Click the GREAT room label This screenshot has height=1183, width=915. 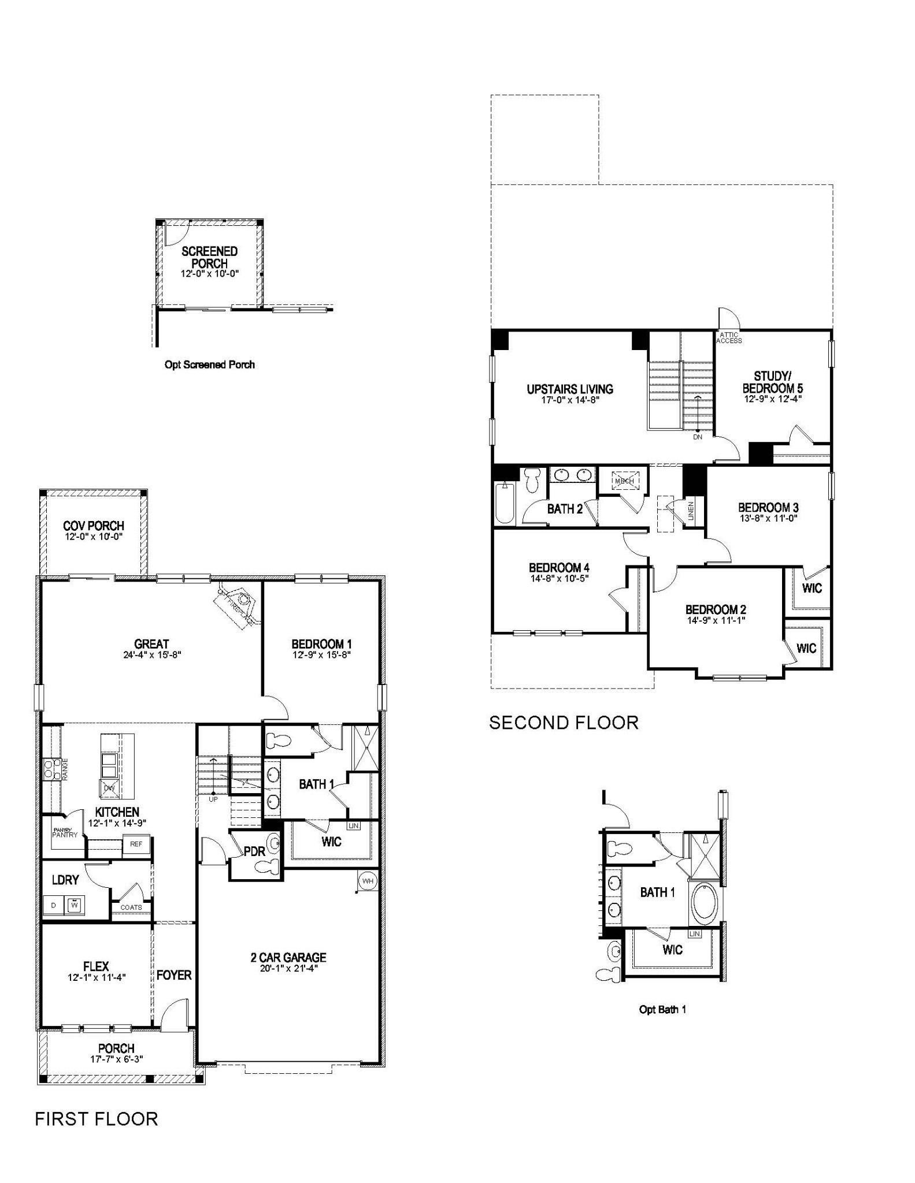point(151,643)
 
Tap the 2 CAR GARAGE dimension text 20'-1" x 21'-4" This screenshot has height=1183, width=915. point(288,968)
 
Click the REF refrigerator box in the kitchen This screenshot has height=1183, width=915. point(136,844)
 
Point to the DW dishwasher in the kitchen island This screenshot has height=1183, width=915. point(109,788)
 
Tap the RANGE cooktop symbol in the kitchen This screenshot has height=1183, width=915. point(49,769)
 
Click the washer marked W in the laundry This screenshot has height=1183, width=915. point(74,905)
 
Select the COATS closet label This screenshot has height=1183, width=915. point(131,907)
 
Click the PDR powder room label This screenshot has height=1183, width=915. point(254,851)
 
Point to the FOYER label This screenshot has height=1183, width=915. point(174,975)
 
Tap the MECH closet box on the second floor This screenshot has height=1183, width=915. point(624,481)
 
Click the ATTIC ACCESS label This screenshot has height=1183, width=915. point(729,338)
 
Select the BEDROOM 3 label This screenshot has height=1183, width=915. point(768,507)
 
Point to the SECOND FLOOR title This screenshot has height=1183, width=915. point(564,723)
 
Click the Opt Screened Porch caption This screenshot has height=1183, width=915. point(209,364)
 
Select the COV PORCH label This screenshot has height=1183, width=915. point(94,526)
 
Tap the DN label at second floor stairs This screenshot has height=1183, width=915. point(698,437)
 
